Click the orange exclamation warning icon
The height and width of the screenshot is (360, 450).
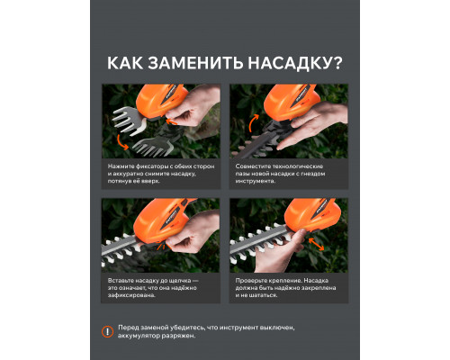pyautogui.click(x=109, y=332)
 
